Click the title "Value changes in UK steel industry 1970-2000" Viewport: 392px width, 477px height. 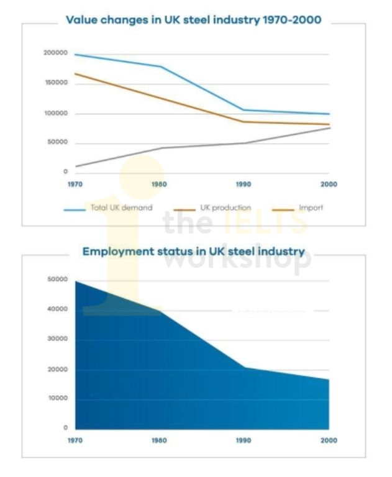click(x=194, y=20)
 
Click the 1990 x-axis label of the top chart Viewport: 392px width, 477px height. click(x=244, y=184)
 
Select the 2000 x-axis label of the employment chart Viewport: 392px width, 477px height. click(x=329, y=440)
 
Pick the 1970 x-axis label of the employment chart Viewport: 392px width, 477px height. click(x=75, y=440)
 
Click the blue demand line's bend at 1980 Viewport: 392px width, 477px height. click(x=161, y=66)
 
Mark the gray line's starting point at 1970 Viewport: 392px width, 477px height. click(x=75, y=166)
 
